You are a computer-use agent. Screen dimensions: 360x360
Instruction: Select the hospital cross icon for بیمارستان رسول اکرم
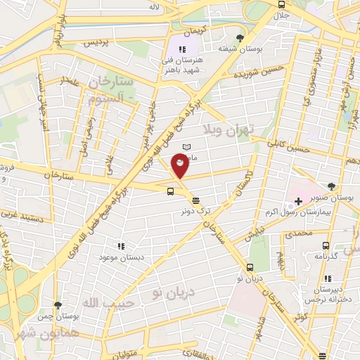(299, 202)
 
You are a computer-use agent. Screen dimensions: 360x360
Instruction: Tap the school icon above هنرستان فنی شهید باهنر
(183, 49)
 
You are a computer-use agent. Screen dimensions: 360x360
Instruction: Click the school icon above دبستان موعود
(120, 246)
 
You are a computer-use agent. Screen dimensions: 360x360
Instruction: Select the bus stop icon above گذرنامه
(325, 245)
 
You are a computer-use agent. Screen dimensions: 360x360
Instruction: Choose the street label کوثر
(302, 317)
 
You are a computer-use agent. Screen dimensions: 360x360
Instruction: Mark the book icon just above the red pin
(186, 147)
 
